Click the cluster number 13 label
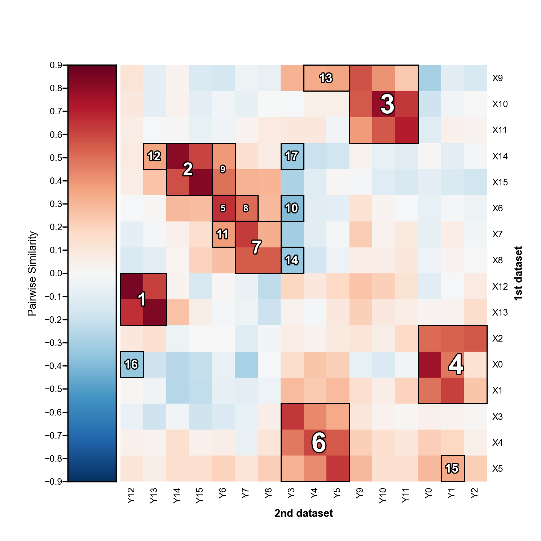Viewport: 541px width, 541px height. point(326,78)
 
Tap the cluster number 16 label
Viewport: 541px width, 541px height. point(131,364)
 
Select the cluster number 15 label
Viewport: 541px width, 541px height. point(452,469)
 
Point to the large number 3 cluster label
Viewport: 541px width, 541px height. point(387,104)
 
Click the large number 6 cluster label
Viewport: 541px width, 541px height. point(319,443)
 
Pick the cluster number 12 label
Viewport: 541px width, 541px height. point(154,156)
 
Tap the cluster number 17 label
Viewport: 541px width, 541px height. point(291,156)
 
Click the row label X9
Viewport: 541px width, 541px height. point(497,78)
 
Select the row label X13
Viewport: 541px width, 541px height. point(500,313)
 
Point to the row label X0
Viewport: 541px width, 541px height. point(497,365)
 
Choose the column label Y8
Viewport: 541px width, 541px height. point(268,494)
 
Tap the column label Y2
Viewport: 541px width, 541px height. point(475,494)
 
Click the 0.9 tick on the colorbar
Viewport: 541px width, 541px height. point(56,65)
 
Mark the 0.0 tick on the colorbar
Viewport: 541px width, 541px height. point(56,273)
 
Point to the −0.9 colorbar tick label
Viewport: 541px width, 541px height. point(54,481)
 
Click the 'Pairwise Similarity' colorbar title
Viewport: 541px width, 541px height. point(32,273)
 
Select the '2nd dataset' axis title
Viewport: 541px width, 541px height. point(304,513)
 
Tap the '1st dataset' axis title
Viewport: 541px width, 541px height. point(518,273)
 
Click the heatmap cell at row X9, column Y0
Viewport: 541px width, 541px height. point(429,78)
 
